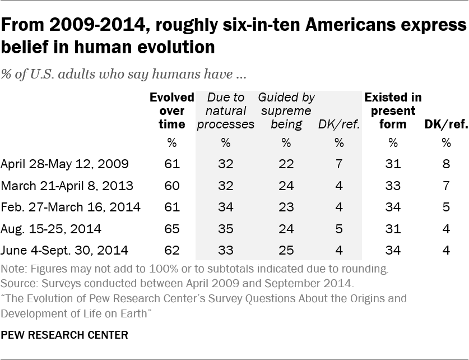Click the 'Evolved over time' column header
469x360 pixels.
coord(171,110)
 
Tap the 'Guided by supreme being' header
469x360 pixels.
coord(286,110)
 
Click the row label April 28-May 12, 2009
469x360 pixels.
coord(66,164)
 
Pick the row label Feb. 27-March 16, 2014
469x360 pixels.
coord(71,207)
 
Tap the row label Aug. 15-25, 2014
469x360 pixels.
coord(52,229)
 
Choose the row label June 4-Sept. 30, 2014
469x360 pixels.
coord(65,250)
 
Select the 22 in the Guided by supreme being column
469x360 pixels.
coord(286,164)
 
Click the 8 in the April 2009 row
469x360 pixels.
coord(446,164)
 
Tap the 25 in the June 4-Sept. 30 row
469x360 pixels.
coord(286,250)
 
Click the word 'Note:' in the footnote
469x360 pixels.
coord(13,269)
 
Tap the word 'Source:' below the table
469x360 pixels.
coord(17,283)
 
